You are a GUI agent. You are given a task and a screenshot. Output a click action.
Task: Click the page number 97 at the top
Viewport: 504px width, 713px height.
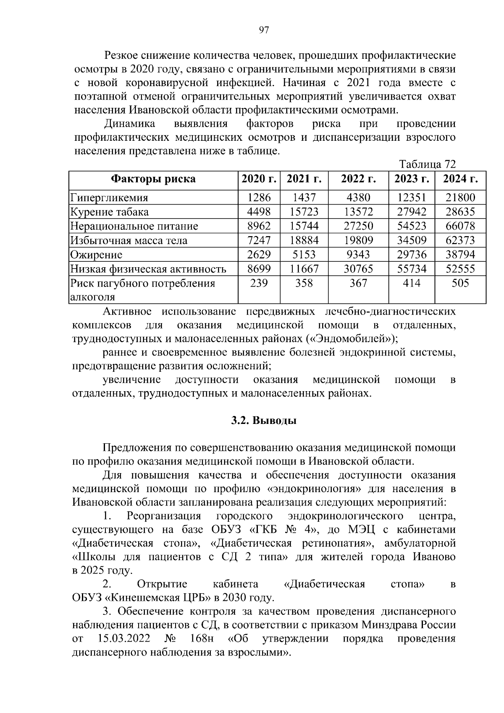pos(264,30)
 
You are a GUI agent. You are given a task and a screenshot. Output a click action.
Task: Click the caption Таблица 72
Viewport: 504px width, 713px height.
pos(427,164)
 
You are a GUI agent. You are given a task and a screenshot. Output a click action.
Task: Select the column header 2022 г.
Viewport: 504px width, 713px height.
pos(358,179)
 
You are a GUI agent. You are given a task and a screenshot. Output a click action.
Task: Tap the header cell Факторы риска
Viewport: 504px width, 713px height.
pos(153,179)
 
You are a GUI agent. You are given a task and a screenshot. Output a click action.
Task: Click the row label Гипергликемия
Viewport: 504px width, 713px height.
pos(109,197)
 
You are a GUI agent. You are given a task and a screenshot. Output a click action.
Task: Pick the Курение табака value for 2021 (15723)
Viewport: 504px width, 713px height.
pos(304,212)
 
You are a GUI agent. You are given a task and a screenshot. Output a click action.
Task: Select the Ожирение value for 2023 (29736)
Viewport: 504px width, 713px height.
pos(411,255)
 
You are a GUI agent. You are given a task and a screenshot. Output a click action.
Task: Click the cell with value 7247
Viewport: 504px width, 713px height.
pos(259,240)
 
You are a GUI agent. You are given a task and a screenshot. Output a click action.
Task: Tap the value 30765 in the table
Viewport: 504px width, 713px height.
pos(358,269)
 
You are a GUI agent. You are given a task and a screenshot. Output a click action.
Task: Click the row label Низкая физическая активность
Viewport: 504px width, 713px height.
pos(148,269)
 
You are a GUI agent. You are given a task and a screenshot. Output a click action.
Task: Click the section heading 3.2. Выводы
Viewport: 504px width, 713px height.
pos(264,421)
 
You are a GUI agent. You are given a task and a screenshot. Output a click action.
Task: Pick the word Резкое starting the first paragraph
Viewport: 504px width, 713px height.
pos(121,55)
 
